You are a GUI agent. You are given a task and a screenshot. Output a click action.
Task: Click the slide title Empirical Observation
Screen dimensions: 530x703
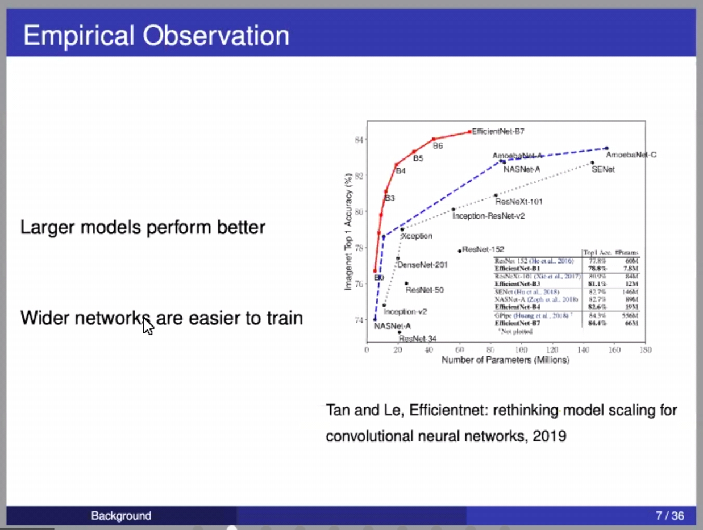tap(156, 36)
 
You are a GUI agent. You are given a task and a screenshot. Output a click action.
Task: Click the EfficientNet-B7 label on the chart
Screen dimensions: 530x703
tap(498, 131)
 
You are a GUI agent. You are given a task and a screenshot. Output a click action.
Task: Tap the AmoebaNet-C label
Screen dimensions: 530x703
tap(631, 155)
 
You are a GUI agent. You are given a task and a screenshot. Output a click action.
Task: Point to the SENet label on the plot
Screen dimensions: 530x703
tap(603, 169)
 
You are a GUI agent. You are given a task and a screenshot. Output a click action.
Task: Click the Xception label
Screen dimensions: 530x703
tap(417, 236)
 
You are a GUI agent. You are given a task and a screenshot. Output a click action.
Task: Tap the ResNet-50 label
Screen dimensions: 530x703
tap(425, 290)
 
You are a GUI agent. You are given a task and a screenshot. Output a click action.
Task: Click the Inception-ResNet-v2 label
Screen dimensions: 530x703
tap(488, 216)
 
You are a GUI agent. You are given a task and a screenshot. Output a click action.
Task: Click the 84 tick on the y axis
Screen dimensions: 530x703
tap(359, 140)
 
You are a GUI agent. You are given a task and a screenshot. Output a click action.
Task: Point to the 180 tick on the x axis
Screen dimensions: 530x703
tap(644, 349)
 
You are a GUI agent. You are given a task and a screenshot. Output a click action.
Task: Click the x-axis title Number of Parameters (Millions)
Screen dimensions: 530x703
tap(505, 360)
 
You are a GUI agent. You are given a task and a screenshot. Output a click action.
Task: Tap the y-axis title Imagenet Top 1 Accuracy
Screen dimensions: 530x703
tap(348, 231)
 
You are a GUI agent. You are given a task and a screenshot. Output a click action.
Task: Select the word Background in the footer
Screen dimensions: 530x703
tap(121, 516)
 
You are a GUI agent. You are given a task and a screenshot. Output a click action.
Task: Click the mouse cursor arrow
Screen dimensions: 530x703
tap(147, 326)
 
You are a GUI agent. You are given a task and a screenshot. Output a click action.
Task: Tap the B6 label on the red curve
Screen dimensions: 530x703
tap(438, 146)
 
